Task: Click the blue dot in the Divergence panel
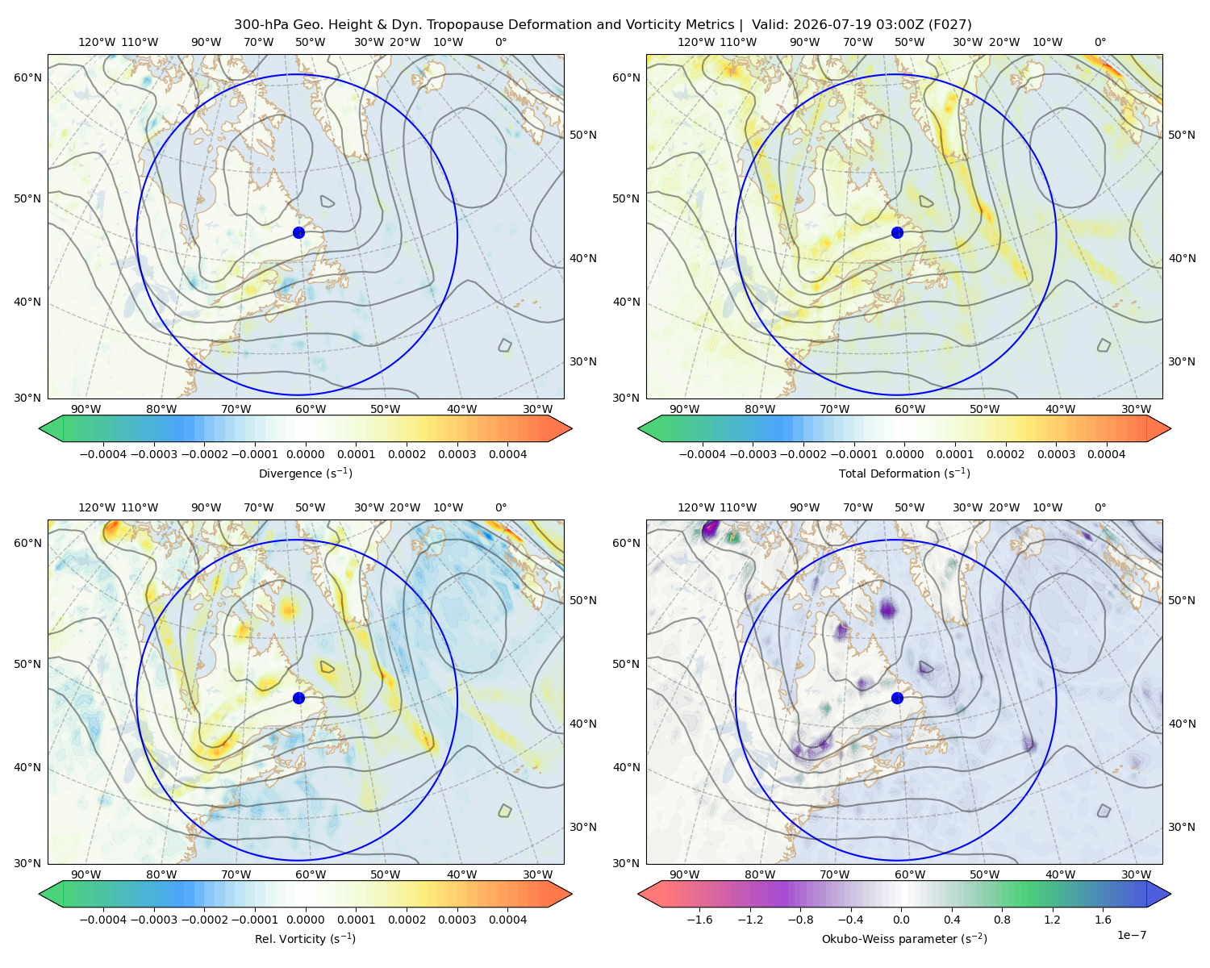298,233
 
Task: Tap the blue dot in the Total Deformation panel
897,233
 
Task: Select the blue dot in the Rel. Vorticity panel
298,698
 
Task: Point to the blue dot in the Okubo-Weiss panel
897,698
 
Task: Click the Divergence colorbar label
305,474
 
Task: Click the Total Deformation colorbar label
904,474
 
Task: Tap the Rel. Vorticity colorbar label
305,939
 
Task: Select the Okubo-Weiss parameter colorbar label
904,939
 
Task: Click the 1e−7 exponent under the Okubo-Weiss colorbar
1131,936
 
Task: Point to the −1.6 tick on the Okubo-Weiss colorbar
699,920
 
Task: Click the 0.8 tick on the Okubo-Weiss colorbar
1002,920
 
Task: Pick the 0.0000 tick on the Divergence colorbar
305,454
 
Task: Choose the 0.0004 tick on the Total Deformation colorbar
1106,454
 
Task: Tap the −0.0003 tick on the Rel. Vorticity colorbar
153,920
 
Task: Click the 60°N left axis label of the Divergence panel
27,77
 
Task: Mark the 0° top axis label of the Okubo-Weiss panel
1099,507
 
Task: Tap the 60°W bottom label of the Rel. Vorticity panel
311,874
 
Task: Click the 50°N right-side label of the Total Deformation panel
1181,135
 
